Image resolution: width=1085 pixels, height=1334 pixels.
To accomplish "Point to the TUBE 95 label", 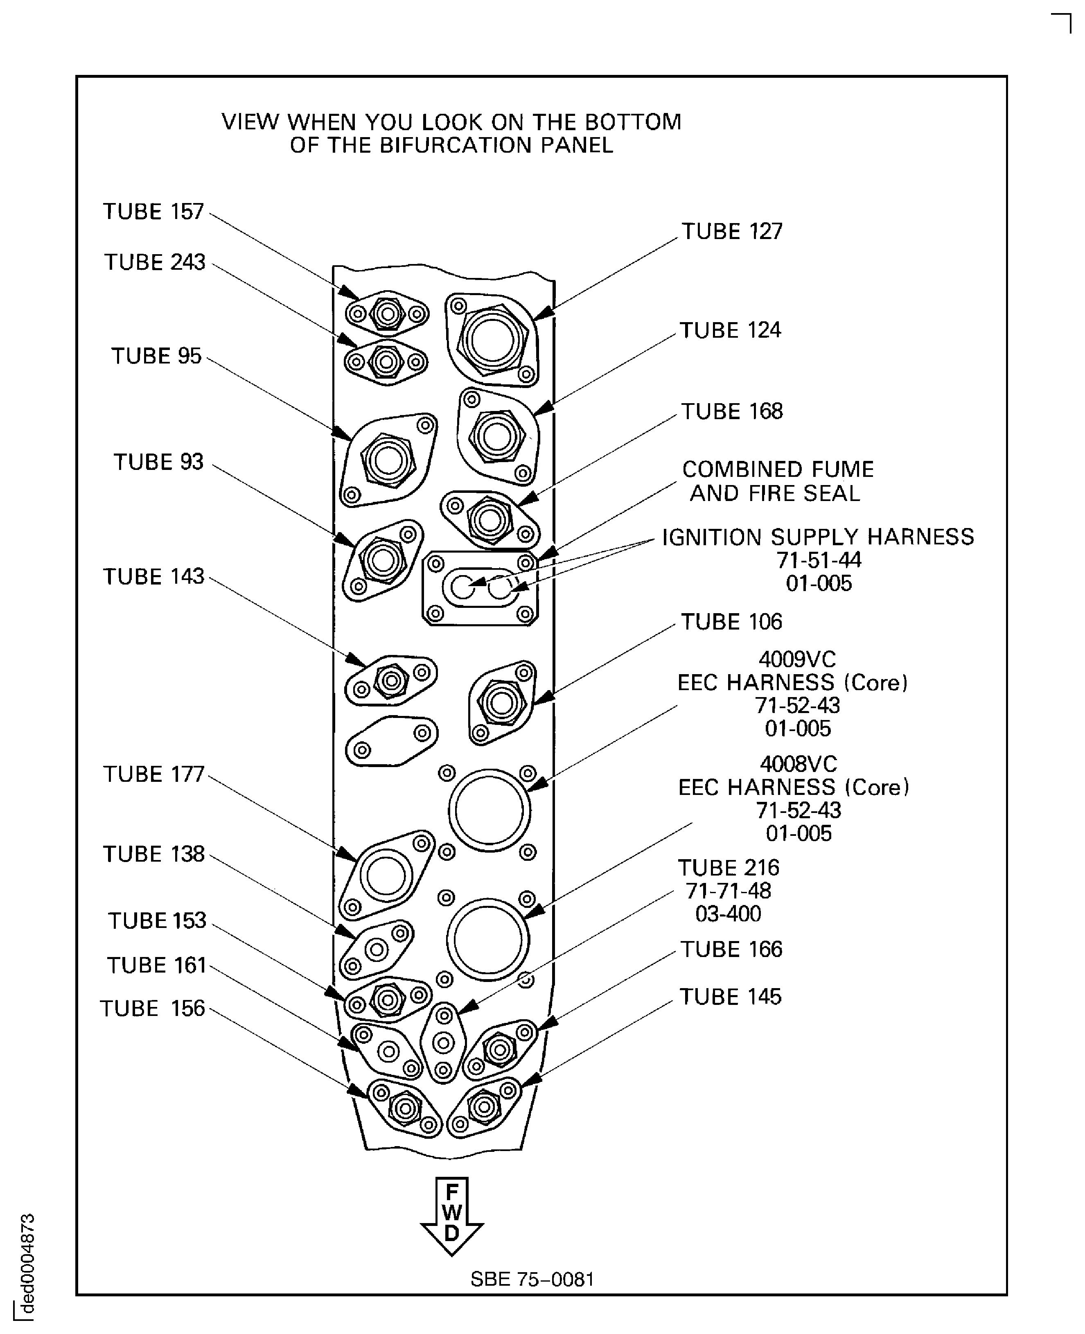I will pos(156,356).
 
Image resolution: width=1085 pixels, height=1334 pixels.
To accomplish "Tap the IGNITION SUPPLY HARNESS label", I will pos(817,537).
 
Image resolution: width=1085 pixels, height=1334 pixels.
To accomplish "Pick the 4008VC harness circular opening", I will pos(487,939).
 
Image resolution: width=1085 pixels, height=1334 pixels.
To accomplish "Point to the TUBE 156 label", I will pos(153,1008).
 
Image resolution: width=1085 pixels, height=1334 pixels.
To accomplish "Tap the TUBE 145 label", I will pos(730,996).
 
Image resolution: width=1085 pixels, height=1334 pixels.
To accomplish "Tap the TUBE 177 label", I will pos(154,774).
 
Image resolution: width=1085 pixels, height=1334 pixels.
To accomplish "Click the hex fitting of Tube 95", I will pos(388,461).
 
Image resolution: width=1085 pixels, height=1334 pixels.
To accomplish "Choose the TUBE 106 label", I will pos(731,622).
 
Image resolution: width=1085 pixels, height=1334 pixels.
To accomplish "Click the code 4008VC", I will pos(798,764).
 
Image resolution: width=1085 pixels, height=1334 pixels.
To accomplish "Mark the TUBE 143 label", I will pos(154,576).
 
